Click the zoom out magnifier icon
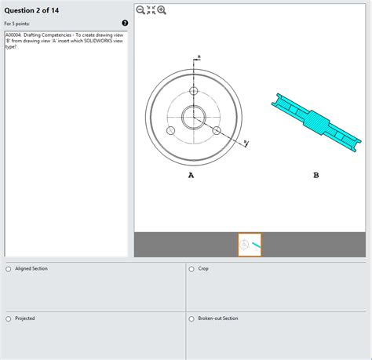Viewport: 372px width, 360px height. pyautogui.click(x=140, y=9)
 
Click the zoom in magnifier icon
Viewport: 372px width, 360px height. pyautogui.click(x=162, y=9)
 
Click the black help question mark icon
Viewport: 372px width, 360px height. pyautogui.click(x=125, y=24)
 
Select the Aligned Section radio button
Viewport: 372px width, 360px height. pyautogui.click(x=9, y=269)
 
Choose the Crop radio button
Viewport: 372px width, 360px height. pyautogui.click(x=192, y=269)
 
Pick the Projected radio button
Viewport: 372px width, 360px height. pyautogui.click(x=9, y=318)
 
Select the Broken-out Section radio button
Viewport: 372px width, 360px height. pyautogui.click(x=192, y=318)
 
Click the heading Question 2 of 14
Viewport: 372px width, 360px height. pyautogui.click(x=31, y=9)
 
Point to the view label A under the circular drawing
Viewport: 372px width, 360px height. pyautogui.click(x=191, y=176)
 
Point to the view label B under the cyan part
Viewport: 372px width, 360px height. pyautogui.click(x=315, y=176)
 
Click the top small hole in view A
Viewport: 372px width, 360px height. pyautogui.click(x=193, y=92)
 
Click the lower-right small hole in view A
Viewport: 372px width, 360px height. pyautogui.click(x=217, y=130)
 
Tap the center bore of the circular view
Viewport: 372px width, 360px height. pyautogui.click(x=193, y=118)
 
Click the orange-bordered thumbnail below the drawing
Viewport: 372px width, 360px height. pyautogui.click(x=250, y=245)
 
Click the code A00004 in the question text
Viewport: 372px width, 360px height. pyautogui.click(x=13, y=35)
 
